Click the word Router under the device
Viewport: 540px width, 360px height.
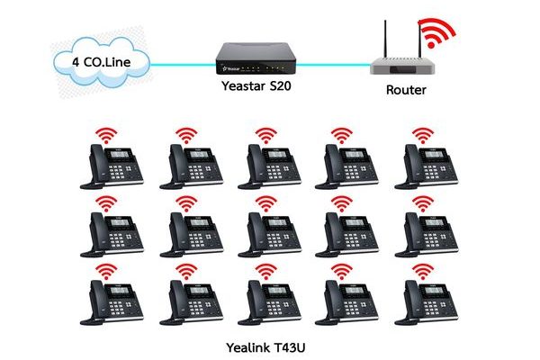406,89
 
